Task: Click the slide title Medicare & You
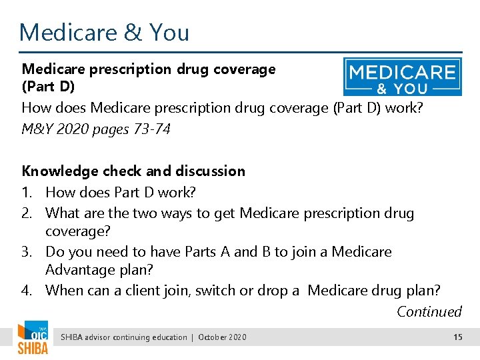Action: tap(104, 32)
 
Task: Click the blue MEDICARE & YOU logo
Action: tap(402, 77)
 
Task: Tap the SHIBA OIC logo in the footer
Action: tap(33, 338)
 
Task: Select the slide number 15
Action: tap(457, 337)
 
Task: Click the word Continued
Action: tap(429, 311)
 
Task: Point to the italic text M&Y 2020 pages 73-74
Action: tap(96, 129)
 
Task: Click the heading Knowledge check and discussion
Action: tap(133, 171)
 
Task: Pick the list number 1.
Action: tap(27, 193)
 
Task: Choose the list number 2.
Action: tap(28, 213)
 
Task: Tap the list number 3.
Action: tap(28, 252)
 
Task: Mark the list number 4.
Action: tap(28, 291)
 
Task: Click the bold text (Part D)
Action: tap(48, 87)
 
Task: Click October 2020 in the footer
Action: tap(222, 337)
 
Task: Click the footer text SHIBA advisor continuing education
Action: tap(124, 337)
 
